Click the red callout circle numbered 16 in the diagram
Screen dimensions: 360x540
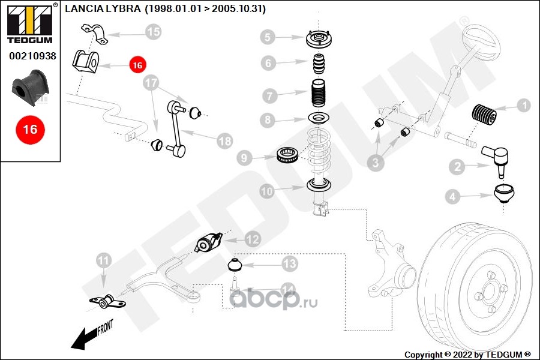137,65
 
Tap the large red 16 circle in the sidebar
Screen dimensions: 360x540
30,129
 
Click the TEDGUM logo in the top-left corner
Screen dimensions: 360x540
28,23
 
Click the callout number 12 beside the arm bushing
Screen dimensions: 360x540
252,239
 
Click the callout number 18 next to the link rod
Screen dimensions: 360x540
224,142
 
